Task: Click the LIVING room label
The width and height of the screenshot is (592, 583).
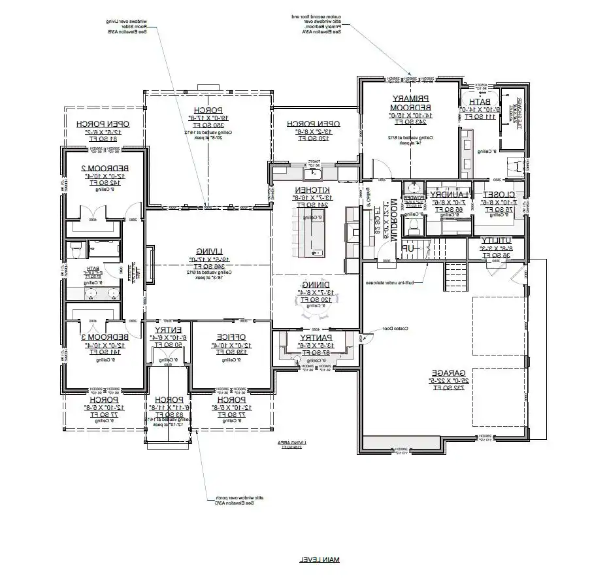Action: coord(208,251)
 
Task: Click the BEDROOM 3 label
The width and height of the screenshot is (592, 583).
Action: coord(97,337)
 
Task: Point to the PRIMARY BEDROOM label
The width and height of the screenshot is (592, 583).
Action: coord(408,103)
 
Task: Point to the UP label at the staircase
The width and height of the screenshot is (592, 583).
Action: coord(407,248)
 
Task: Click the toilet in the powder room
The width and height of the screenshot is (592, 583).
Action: coord(413,225)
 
